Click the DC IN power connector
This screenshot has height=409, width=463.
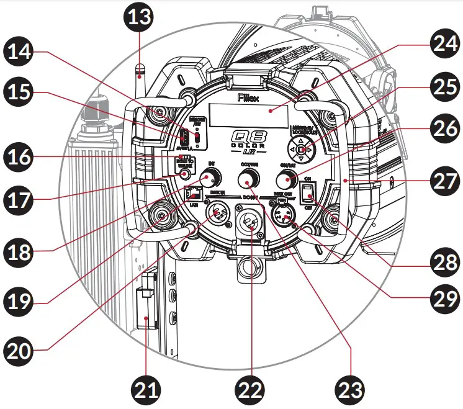[x=251, y=227]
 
